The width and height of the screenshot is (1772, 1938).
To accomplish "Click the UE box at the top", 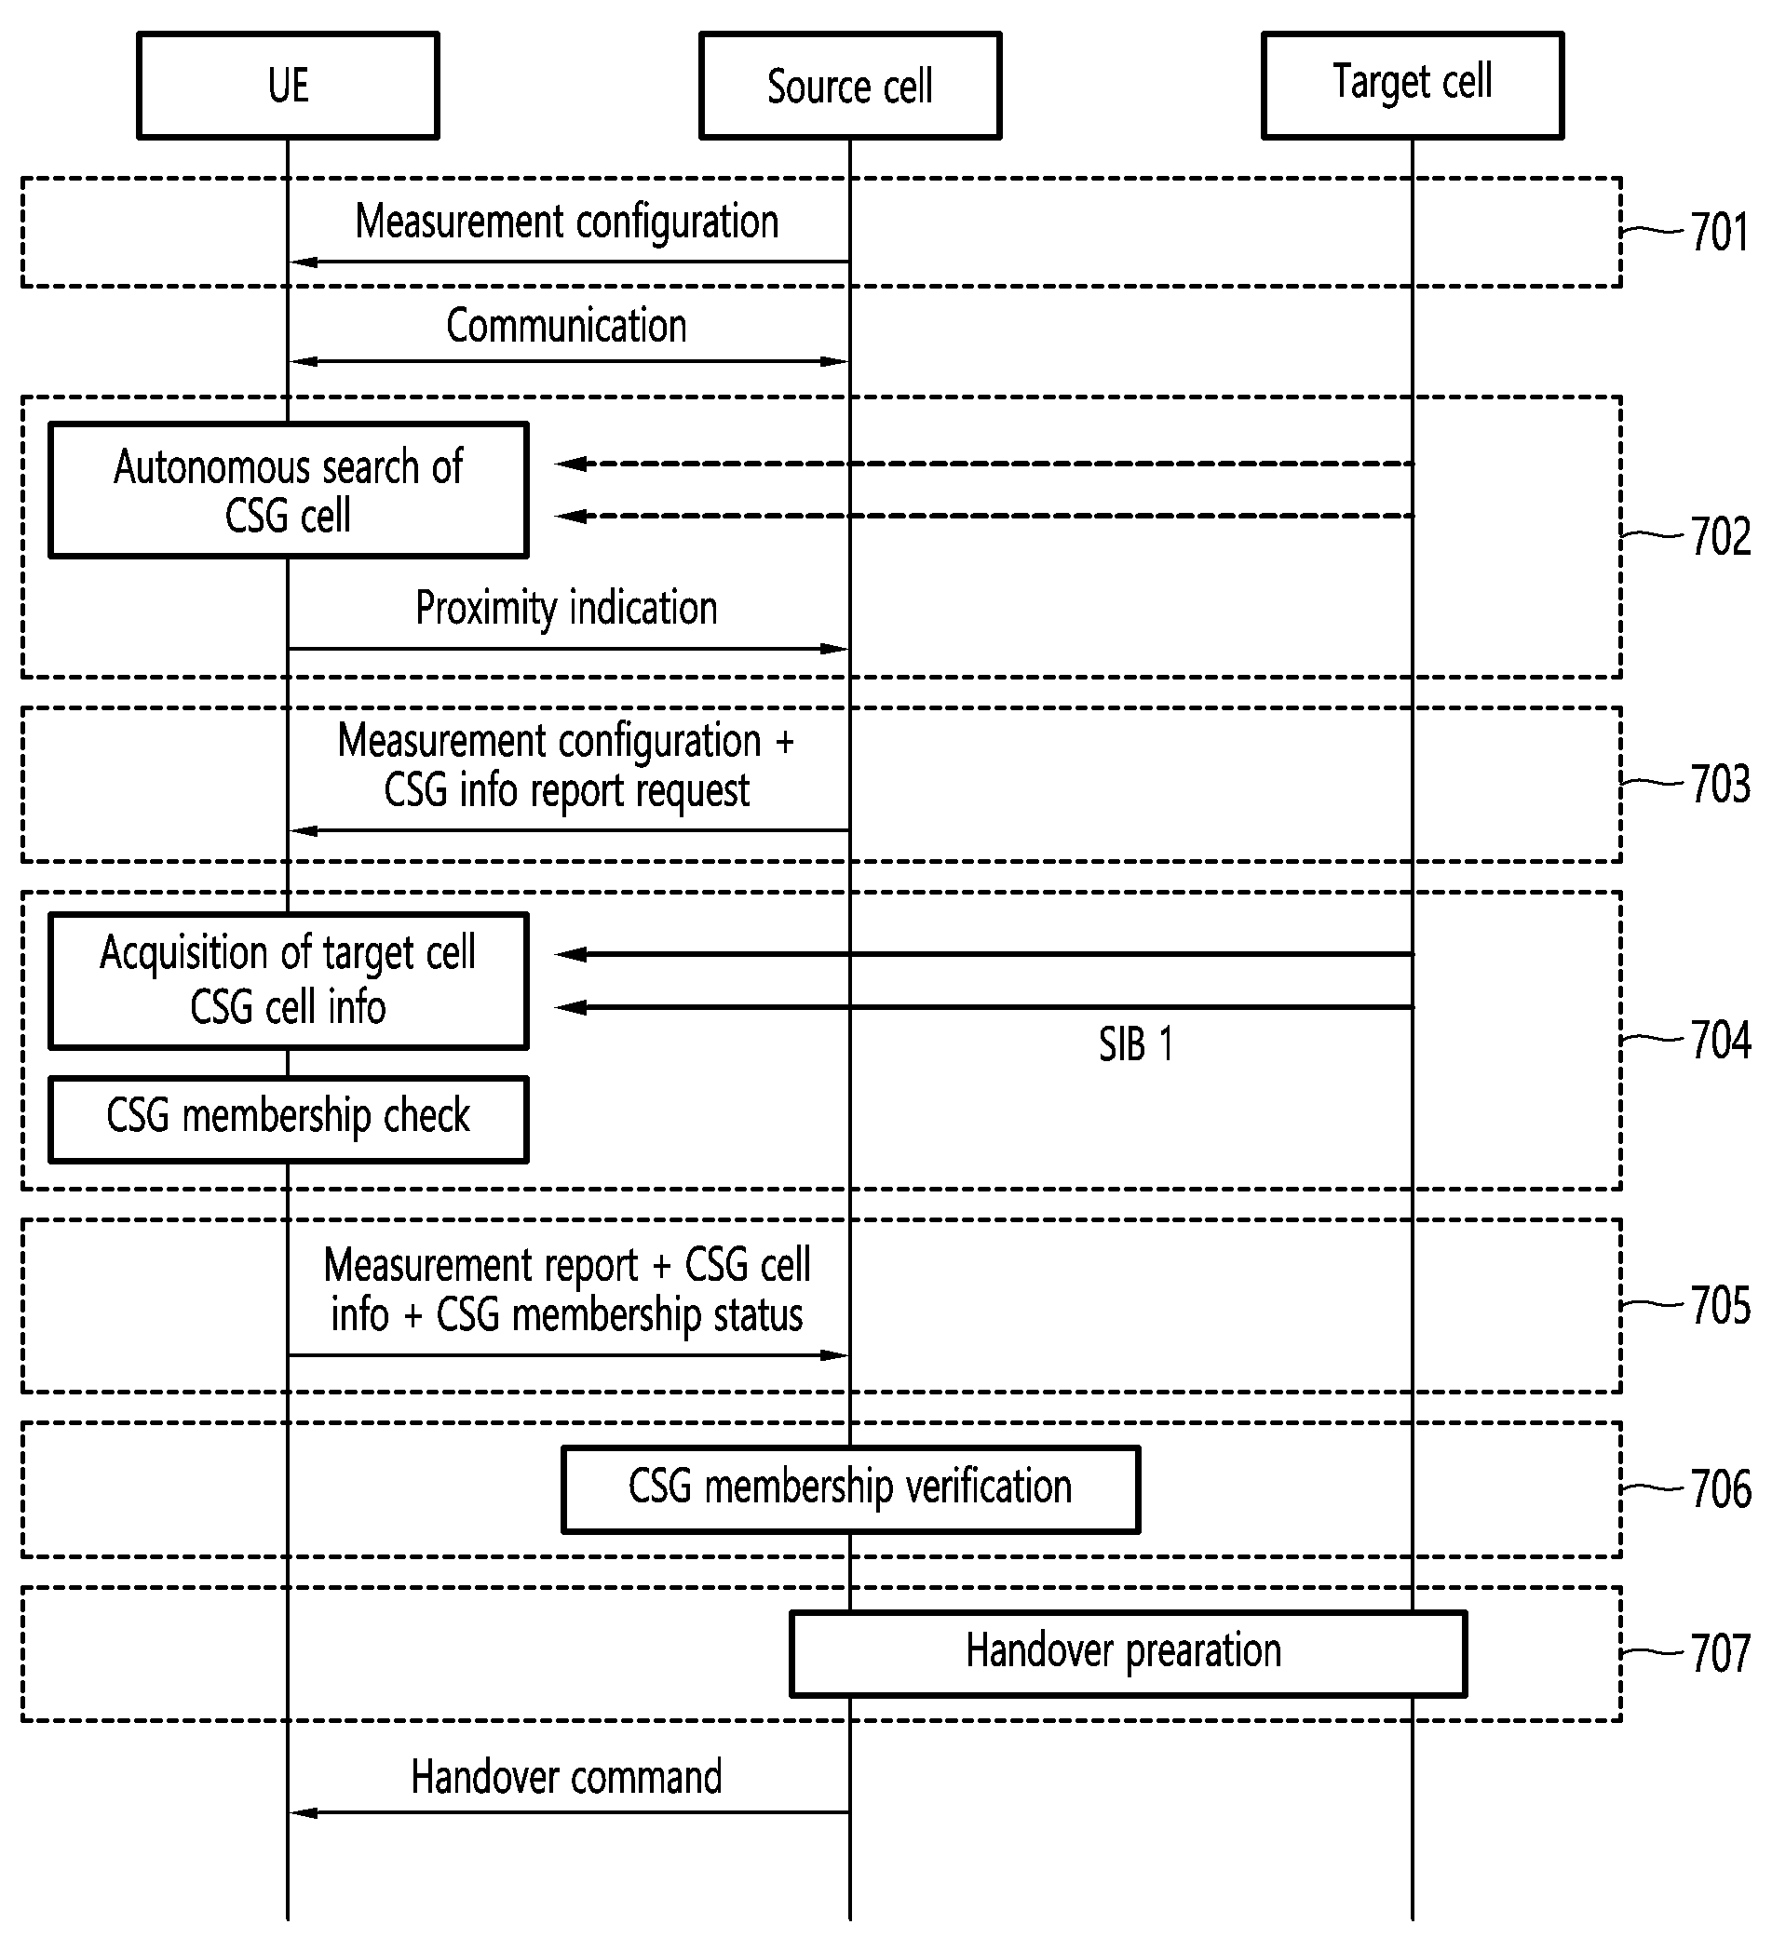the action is [x=289, y=86].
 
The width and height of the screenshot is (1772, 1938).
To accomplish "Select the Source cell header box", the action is [x=850, y=86].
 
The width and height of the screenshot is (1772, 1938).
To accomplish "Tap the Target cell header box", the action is [x=1413, y=86].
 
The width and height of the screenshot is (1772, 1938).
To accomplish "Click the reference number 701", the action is [x=1720, y=233].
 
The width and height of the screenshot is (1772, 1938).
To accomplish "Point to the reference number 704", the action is [x=1721, y=1040].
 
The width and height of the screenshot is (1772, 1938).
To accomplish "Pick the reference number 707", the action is [x=1721, y=1653].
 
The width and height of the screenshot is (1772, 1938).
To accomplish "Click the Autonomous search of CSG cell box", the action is [x=289, y=491].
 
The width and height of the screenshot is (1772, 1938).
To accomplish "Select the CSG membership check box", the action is [x=289, y=1120].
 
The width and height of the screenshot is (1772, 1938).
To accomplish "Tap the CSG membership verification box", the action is [x=851, y=1490].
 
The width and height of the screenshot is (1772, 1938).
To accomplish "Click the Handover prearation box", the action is [x=1128, y=1653].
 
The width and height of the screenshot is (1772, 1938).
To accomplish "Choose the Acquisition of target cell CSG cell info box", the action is [x=289, y=980].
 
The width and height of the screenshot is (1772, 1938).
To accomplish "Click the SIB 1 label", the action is [x=1135, y=1045].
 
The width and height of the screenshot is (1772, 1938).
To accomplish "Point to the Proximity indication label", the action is [x=566, y=609].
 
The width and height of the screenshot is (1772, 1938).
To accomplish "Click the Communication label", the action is [x=566, y=326].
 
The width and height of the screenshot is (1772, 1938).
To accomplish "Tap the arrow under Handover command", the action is [x=569, y=1813].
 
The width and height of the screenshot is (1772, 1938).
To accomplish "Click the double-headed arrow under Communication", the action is [x=569, y=361].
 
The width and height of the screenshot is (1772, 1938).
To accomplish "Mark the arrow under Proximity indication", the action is [x=569, y=649].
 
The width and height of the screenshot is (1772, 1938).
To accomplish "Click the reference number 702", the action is [x=1721, y=536].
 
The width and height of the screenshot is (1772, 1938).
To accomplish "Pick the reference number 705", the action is [x=1721, y=1305].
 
